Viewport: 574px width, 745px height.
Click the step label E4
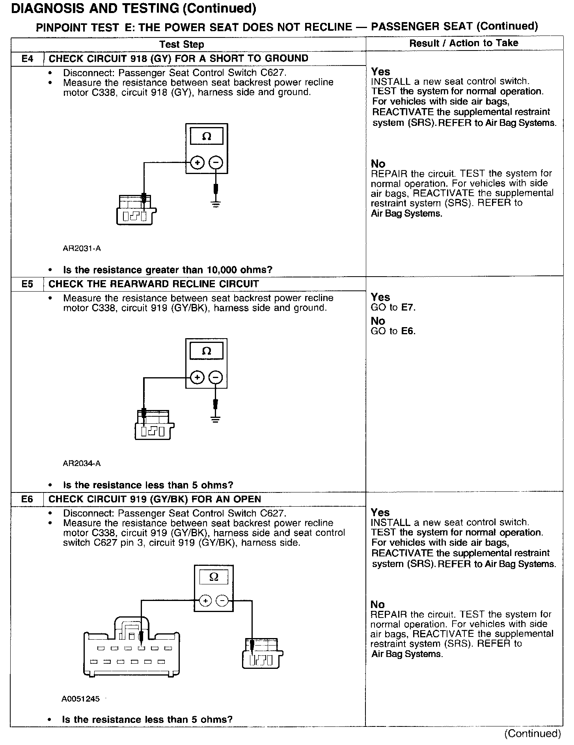click(27, 59)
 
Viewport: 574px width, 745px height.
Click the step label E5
click(27, 284)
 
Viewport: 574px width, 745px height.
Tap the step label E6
click(27, 499)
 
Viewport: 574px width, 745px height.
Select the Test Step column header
click(182, 44)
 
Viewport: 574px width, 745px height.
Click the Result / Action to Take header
click(464, 43)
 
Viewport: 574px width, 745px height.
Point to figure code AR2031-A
click(82, 248)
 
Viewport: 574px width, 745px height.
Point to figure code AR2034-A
click(82, 463)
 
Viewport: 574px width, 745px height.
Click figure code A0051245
click(80, 699)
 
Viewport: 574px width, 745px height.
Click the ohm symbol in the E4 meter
click(207, 137)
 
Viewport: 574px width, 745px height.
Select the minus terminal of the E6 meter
click(223, 601)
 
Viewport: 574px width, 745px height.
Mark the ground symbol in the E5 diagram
click(215, 419)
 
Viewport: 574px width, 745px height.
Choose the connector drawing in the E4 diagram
click(136, 210)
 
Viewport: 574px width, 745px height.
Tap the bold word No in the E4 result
click(378, 164)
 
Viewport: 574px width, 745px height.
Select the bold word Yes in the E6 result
click(380, 513)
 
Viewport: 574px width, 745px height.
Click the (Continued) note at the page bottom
click(532, 734)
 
